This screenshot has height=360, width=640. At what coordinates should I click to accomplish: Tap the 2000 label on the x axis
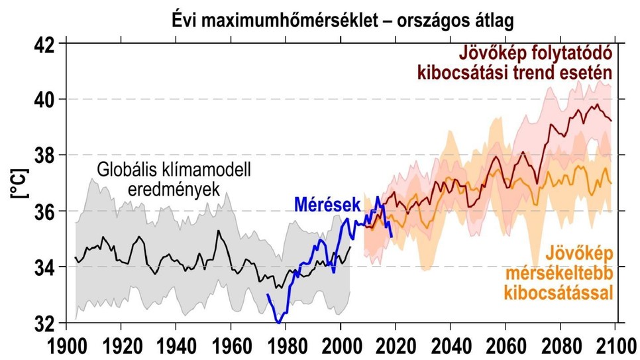340,346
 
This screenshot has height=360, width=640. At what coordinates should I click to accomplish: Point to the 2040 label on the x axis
450,346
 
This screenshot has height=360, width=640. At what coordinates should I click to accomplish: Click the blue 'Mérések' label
321,204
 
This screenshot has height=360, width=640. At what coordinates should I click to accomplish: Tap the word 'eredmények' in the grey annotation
174,189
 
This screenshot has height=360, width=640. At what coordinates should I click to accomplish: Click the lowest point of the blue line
279,322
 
